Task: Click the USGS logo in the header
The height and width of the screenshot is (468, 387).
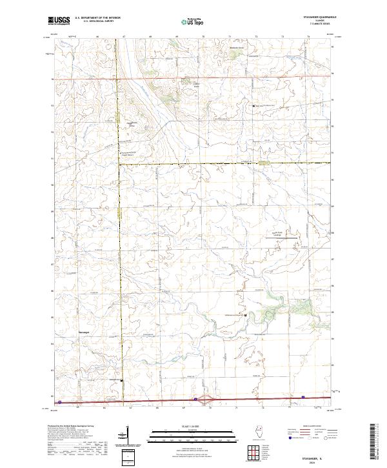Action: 58,22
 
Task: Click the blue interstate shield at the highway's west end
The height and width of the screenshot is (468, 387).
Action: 60,402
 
